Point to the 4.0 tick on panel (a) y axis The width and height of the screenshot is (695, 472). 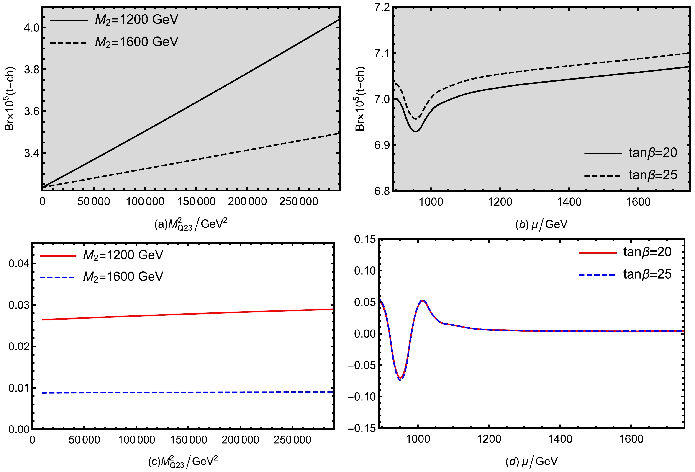point(31,28)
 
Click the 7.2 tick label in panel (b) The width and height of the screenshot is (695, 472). point(382,7)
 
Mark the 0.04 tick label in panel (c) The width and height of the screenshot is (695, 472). point(18,264)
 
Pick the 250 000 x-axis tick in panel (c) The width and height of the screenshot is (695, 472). point(292,440)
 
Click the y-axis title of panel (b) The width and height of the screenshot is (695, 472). point(360,99)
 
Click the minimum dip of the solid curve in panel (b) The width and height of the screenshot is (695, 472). point(416,131)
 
